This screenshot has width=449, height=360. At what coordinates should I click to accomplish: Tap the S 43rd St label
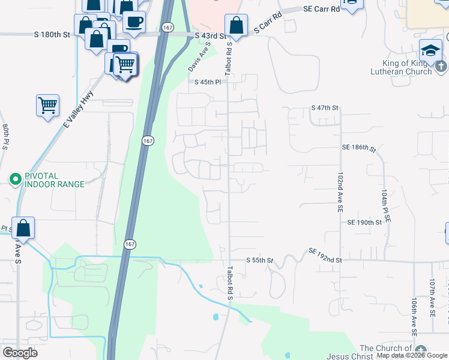tap(211, 37)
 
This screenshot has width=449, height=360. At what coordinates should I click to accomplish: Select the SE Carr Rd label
tap(322, 8)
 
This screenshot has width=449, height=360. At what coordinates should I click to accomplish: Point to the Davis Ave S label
tap(199, 57)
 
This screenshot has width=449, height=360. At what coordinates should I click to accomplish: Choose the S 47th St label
tap(325, 107)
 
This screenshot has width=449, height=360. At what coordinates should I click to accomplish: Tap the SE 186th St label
tap(358, 147)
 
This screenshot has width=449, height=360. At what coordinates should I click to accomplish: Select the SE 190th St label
tap(364, 223)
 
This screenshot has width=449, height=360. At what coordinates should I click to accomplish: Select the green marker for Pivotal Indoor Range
tap(15, 178)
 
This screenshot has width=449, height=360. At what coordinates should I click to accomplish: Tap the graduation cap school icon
tap(431, 50)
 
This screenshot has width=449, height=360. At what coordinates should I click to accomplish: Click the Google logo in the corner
tap(20, 352)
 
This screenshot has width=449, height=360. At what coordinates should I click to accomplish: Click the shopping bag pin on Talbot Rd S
tap(236, 26)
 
